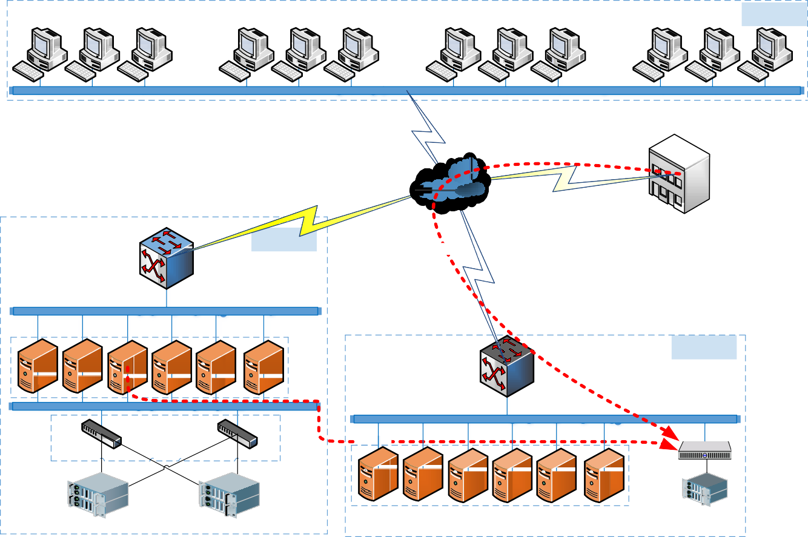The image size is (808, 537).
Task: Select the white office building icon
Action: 678,174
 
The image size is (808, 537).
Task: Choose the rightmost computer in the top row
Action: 769,54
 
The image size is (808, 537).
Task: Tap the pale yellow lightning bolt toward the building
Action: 566,178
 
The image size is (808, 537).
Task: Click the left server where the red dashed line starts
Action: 127,367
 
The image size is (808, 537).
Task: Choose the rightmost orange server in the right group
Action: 604,475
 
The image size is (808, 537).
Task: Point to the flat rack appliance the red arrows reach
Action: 704,450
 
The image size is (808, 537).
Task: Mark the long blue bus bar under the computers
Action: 406,90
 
